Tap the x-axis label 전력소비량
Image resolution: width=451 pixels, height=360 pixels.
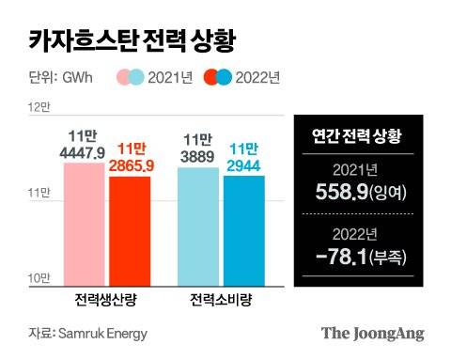[x=221, y=301]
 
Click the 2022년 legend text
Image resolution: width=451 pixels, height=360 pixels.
[x=260, y=77]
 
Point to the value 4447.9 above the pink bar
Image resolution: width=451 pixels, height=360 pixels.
[x=86, y=151]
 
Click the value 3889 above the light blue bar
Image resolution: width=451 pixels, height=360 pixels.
[x=198, y=153]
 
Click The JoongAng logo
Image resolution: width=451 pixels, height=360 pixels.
[x=372, y=333]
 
